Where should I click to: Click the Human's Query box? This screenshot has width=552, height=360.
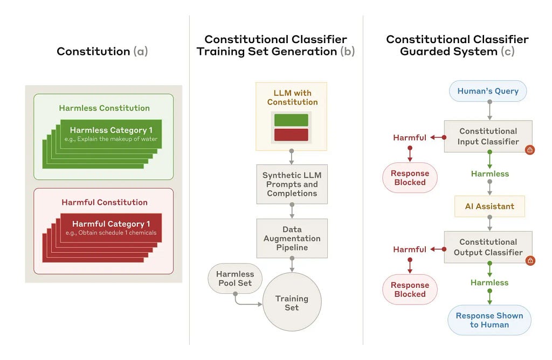(x=488, y=91)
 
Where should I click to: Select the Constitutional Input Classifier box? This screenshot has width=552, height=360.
(x=488, y=136)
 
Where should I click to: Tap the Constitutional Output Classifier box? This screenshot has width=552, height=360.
(x=488, y=247)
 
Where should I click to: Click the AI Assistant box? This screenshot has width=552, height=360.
(x=489, y=206)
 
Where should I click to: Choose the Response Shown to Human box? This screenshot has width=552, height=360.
(x=489, y=320)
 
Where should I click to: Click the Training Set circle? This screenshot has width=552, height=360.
(x=292, y=302)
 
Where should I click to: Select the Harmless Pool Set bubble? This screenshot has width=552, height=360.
(x=235, y=279)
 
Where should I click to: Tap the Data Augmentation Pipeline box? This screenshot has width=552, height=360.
(x=292, y=238)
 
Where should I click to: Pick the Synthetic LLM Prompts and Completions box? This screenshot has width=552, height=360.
(x=292, y=184)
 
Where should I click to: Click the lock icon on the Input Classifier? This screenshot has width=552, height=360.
(x=530, y=150)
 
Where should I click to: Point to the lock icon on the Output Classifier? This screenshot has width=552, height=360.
(x=530, y=260)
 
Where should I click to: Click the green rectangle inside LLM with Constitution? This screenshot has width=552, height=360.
(x=291, y=120)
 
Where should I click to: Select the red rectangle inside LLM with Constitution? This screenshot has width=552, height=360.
(x=291, y=135)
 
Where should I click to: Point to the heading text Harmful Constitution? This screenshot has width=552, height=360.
(x=105, y=202)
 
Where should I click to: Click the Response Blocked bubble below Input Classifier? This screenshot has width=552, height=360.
(x=410, y=178)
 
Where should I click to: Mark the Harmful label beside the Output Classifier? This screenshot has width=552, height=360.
(x=410, y=250)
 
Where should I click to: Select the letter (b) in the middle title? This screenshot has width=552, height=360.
(x=347, y=52)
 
